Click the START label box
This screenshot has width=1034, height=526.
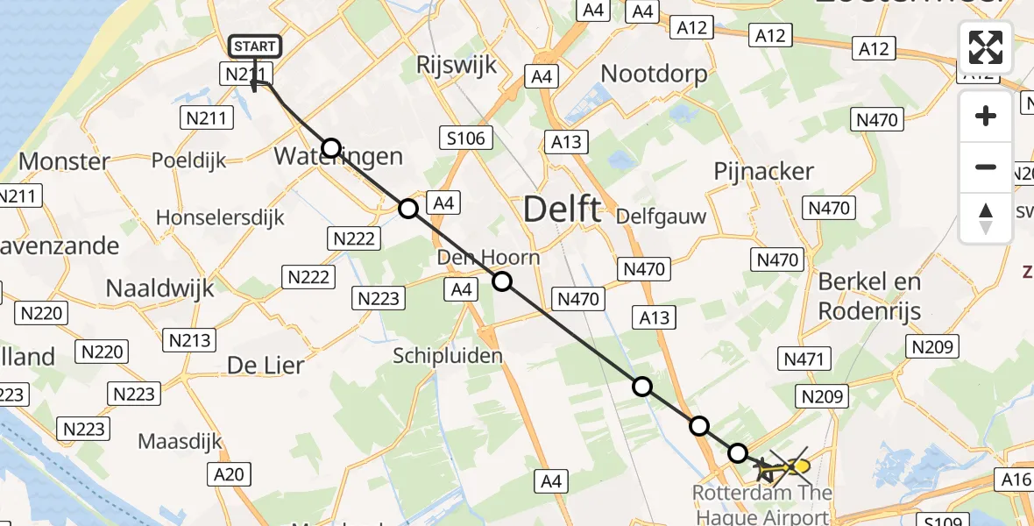[255, 46]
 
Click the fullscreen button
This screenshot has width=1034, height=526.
[986, 47]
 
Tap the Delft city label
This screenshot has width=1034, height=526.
[562, 210]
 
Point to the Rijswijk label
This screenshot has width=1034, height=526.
[457, 65]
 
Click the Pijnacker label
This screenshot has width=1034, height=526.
[764, 171]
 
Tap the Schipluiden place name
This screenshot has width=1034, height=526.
[448, 355]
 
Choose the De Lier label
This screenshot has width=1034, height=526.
[265, 365]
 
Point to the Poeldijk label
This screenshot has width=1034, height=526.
[189, 160]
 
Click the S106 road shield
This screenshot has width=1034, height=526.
[467, 138]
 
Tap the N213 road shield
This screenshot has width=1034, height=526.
[190, 339]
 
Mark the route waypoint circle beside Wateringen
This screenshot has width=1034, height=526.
[331, 147]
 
